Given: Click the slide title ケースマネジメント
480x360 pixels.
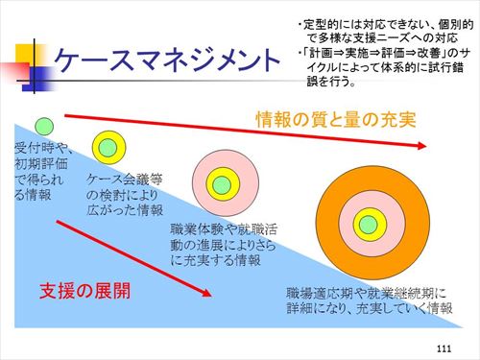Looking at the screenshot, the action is coord(167,60).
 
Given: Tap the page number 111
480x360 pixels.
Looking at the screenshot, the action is coord(444,348).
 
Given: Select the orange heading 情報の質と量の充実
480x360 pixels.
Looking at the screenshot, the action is coord(336,120).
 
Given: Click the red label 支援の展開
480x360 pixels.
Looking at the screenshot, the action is coord(84,291).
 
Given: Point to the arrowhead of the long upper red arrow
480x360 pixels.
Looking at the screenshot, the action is coord(421,146).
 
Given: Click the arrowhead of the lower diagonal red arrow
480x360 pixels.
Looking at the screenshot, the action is coord(206,293).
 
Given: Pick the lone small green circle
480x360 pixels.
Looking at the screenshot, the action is coord(44,126).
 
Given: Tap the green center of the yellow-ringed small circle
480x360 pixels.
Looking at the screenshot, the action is coord(108,148).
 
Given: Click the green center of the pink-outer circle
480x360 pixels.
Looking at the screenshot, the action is coord(222,184).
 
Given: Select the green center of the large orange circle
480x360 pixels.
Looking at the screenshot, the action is coord(369,225).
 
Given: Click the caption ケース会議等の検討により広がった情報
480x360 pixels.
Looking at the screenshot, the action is coord(125,195).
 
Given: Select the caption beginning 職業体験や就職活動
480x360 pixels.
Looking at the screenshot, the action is coord(224,245).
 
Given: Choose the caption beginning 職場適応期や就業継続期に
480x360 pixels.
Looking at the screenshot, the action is coord(370,300).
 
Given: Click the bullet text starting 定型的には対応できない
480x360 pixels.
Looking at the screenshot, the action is coord(385,32).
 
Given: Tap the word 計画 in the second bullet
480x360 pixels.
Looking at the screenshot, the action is coord(321,53).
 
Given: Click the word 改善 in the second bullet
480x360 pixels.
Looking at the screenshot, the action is coord(429,53).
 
